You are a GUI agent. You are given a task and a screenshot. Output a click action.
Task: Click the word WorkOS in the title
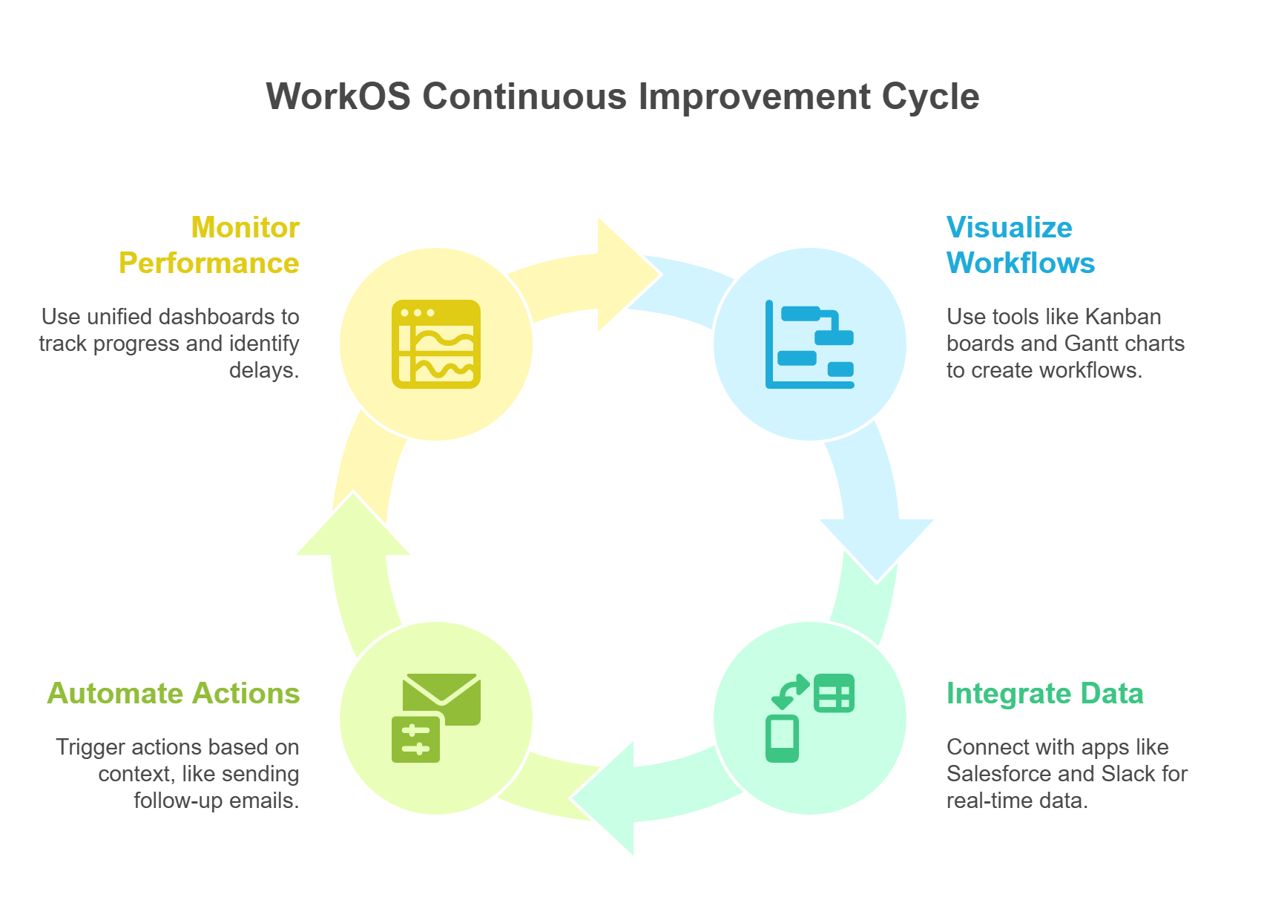pos(338,96)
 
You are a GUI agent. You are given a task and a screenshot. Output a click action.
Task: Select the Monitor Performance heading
pos(208,245)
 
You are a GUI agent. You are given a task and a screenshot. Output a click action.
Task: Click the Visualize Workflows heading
pos(1020,245)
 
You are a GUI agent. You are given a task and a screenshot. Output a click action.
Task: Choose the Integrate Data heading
pos(1044,694)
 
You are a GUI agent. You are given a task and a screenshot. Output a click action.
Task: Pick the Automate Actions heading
pos(174,693)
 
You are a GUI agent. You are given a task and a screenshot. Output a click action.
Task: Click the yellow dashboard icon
pos(436,344)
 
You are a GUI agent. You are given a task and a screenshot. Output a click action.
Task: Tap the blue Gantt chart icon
pos(810,344)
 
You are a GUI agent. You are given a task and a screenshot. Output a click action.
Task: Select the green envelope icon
pos(442,699)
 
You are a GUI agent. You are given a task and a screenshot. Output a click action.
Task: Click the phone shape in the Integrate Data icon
pos(782,738)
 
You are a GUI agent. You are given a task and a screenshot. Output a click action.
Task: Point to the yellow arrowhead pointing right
pos(629,275)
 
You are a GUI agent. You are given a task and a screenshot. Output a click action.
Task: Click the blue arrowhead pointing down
pos(876,551)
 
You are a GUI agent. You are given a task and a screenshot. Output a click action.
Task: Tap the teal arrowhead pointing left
pos(602,798)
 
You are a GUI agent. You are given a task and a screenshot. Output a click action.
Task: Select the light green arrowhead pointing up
pos(353,524)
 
